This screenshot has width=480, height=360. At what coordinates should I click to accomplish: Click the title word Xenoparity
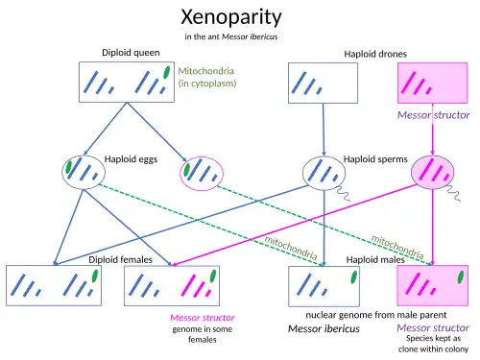click(x=231, y=16)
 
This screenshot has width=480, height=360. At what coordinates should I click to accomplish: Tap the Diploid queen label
click(x=131, y=53)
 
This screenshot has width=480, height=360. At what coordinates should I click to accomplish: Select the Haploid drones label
click(x=375, y=54)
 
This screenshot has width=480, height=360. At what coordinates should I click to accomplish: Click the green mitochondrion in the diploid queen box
click(x=166, y=72)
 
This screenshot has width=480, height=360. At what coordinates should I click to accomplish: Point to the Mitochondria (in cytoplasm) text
click(x=207, y=77)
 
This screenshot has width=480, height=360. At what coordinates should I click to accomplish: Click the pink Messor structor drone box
click(x=432, y=83)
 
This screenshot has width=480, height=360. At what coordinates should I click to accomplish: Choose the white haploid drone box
click(x=323, y=83)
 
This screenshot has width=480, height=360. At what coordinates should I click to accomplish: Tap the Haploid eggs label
click(x=131, y=159)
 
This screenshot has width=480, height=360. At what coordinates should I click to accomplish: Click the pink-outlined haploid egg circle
click(x=202, y=174)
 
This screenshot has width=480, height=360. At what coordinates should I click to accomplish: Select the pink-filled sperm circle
click(x=432, y=172)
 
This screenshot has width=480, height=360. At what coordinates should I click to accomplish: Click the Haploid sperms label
click(x=375, y=159)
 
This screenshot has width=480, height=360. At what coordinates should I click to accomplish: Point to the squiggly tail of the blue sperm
click(x=343, y=193)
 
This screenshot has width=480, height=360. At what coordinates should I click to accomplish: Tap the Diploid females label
click(x=120, y=259)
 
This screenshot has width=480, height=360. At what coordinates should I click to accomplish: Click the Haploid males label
click(x=375, y=259)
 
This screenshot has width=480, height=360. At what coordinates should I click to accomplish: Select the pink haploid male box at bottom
click(x=432, y=285)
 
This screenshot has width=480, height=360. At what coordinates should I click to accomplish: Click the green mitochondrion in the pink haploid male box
click(x=461, y=277)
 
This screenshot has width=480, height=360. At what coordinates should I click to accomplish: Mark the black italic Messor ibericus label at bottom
click(x=324, y=328)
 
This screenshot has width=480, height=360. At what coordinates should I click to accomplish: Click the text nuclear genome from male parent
click(x=376, y=315)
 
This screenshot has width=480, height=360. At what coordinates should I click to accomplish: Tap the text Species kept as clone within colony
click(x=433, y=344)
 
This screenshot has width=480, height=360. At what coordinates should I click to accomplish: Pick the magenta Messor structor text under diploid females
click(x=203, y=318)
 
